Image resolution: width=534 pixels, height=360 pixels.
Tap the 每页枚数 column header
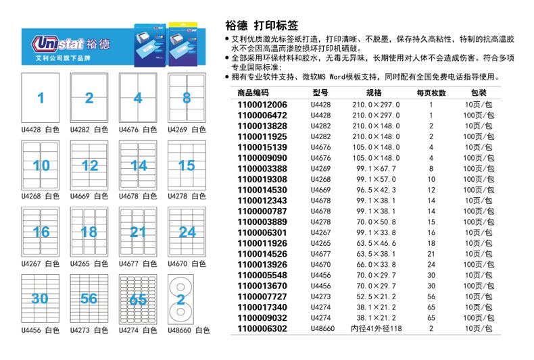(x=431, y=93)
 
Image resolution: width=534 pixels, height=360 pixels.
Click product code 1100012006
(x=262, y=105)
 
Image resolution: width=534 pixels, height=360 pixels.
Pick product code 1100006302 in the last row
(x=262, y=329)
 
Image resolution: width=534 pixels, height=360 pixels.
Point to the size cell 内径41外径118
(x=376, y=329)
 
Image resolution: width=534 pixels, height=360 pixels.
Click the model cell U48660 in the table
(x=322, y=329)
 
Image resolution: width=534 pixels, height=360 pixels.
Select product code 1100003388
(x=262, y=168)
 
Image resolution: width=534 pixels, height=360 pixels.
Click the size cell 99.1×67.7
(x=376, y=168)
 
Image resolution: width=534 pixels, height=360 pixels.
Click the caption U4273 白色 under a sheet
(x=89, y=330)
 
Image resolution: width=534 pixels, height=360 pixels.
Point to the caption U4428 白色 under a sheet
(x=41, y=129)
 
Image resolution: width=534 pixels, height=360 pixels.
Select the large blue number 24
(x=187, y=232)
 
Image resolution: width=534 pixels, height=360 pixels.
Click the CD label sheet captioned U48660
(x=187, y=299)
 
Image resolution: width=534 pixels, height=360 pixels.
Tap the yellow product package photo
(x=185, y=43)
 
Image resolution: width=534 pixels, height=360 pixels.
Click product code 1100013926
(x=262, y=265)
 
